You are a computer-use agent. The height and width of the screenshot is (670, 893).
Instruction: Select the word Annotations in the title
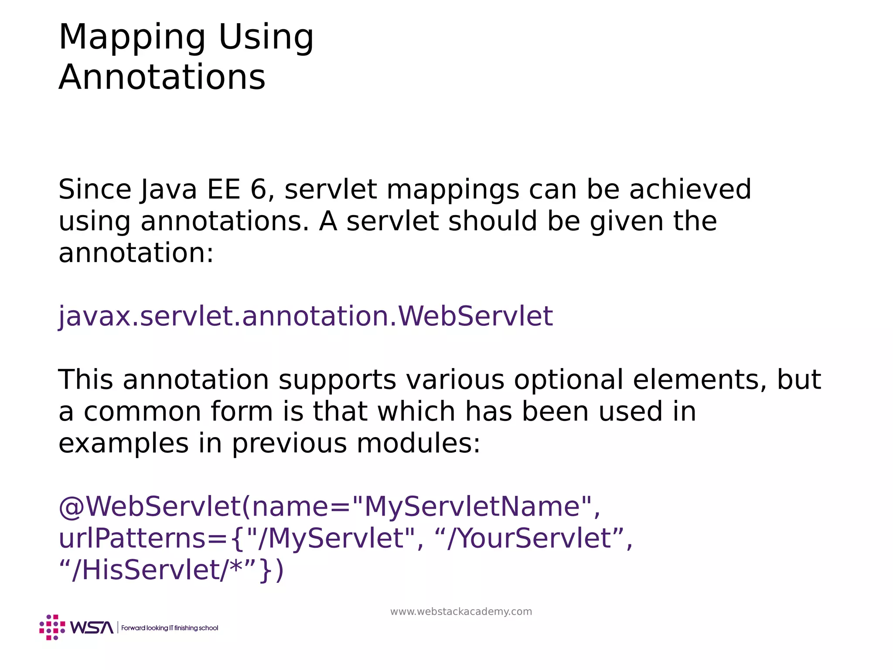pos(162,78)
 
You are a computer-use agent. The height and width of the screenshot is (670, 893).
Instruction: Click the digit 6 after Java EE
pos(258,190)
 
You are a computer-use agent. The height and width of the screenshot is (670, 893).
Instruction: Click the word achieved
pos(690,190)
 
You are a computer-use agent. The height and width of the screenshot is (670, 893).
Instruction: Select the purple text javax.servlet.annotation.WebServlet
pos(306,316)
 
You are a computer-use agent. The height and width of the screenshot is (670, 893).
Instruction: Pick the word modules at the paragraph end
pos(418,443)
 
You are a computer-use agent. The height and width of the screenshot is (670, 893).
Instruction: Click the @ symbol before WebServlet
pos(71,507)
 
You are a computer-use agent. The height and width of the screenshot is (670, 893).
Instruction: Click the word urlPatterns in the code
pos(131,539)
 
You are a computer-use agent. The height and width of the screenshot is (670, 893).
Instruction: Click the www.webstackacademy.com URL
pos(461,612)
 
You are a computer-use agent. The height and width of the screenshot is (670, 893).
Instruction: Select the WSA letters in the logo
pos(92,628)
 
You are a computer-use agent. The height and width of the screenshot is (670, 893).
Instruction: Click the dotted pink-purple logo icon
pos(52,628)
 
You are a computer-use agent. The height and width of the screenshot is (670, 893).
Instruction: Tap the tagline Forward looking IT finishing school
pos(170,628)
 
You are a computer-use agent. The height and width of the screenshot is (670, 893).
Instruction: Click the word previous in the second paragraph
pos(289,443)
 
